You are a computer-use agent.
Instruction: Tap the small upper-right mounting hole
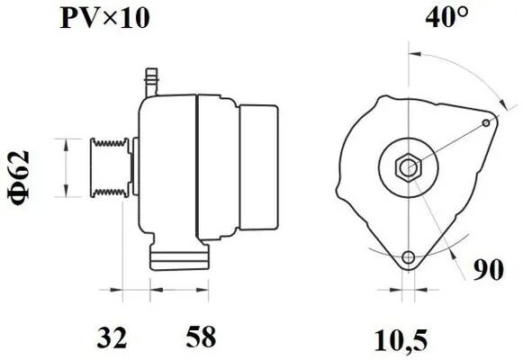click(x=486, y=121)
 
